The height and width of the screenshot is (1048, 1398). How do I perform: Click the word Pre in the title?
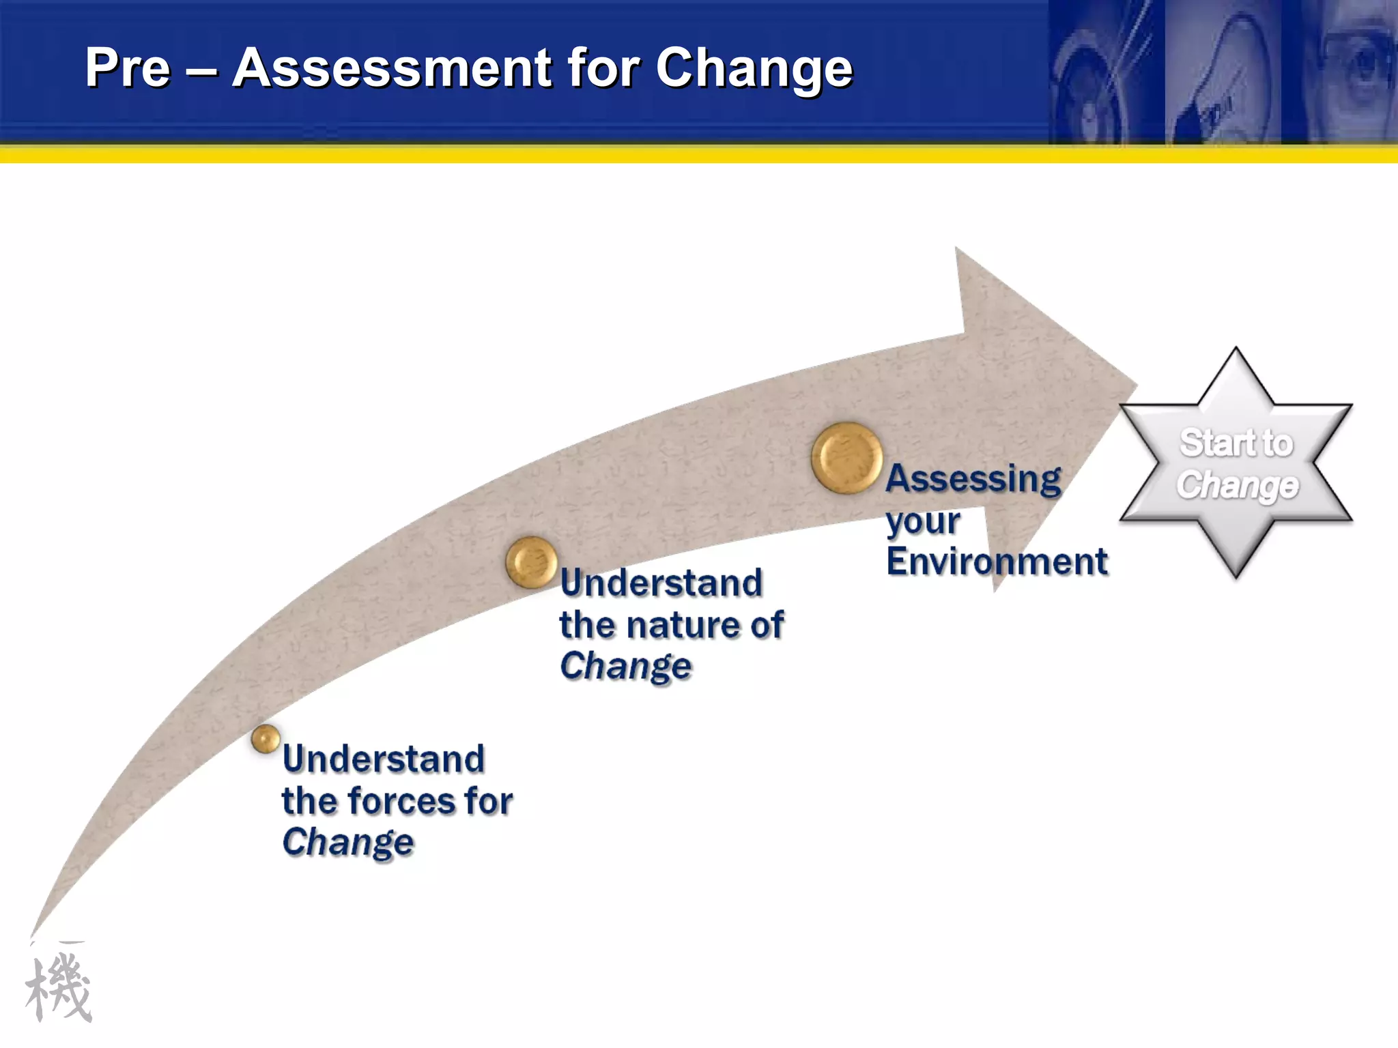(x=128, y=68)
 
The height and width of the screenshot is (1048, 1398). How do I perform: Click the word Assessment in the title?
(x=392, y=68)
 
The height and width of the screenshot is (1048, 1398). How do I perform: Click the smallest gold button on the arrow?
(x=266, y=739)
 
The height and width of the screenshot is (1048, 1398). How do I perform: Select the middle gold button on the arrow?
(x=532, y=562)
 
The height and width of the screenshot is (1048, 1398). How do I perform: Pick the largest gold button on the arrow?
(x=846, y=458)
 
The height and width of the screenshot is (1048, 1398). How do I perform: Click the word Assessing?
(x=973, y=478)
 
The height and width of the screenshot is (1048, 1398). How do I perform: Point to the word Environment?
(x=997, y=562)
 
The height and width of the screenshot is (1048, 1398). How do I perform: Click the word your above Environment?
(x=923, y=522)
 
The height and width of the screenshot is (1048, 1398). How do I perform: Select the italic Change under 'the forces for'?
(x=348, y=842)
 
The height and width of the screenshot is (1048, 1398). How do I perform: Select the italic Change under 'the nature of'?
(x=625, y=666)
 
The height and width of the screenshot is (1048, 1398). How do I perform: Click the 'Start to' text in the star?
(x=1236, y=443)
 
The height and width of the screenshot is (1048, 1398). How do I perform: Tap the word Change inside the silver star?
(x=1237, y=485)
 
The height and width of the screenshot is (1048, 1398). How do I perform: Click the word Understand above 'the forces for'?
(x=384, y=759)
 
